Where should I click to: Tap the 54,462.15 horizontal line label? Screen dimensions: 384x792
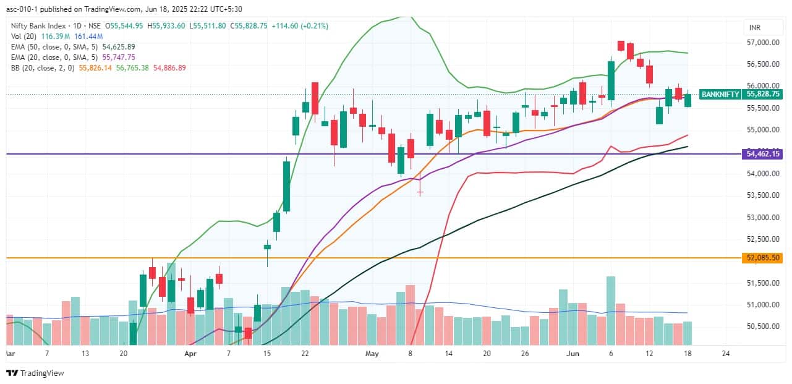click(x=764, y=153)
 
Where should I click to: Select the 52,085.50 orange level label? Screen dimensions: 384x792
click(x=764, y=257)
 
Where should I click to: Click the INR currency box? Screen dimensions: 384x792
click(x=754, y=28)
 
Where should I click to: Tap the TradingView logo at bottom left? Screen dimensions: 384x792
click(x=35, y=373)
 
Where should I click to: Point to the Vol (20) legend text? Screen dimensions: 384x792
click(x=21, y=36)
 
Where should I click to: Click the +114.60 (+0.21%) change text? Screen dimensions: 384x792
click(x=300, y=26)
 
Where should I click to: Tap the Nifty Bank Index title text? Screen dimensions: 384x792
click(x=41, y=26)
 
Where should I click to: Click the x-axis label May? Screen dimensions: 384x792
click(x=372, y=354)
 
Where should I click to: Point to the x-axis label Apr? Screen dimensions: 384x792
click(x=190, y=354)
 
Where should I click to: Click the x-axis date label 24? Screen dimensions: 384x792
click(x=726, y=354)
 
